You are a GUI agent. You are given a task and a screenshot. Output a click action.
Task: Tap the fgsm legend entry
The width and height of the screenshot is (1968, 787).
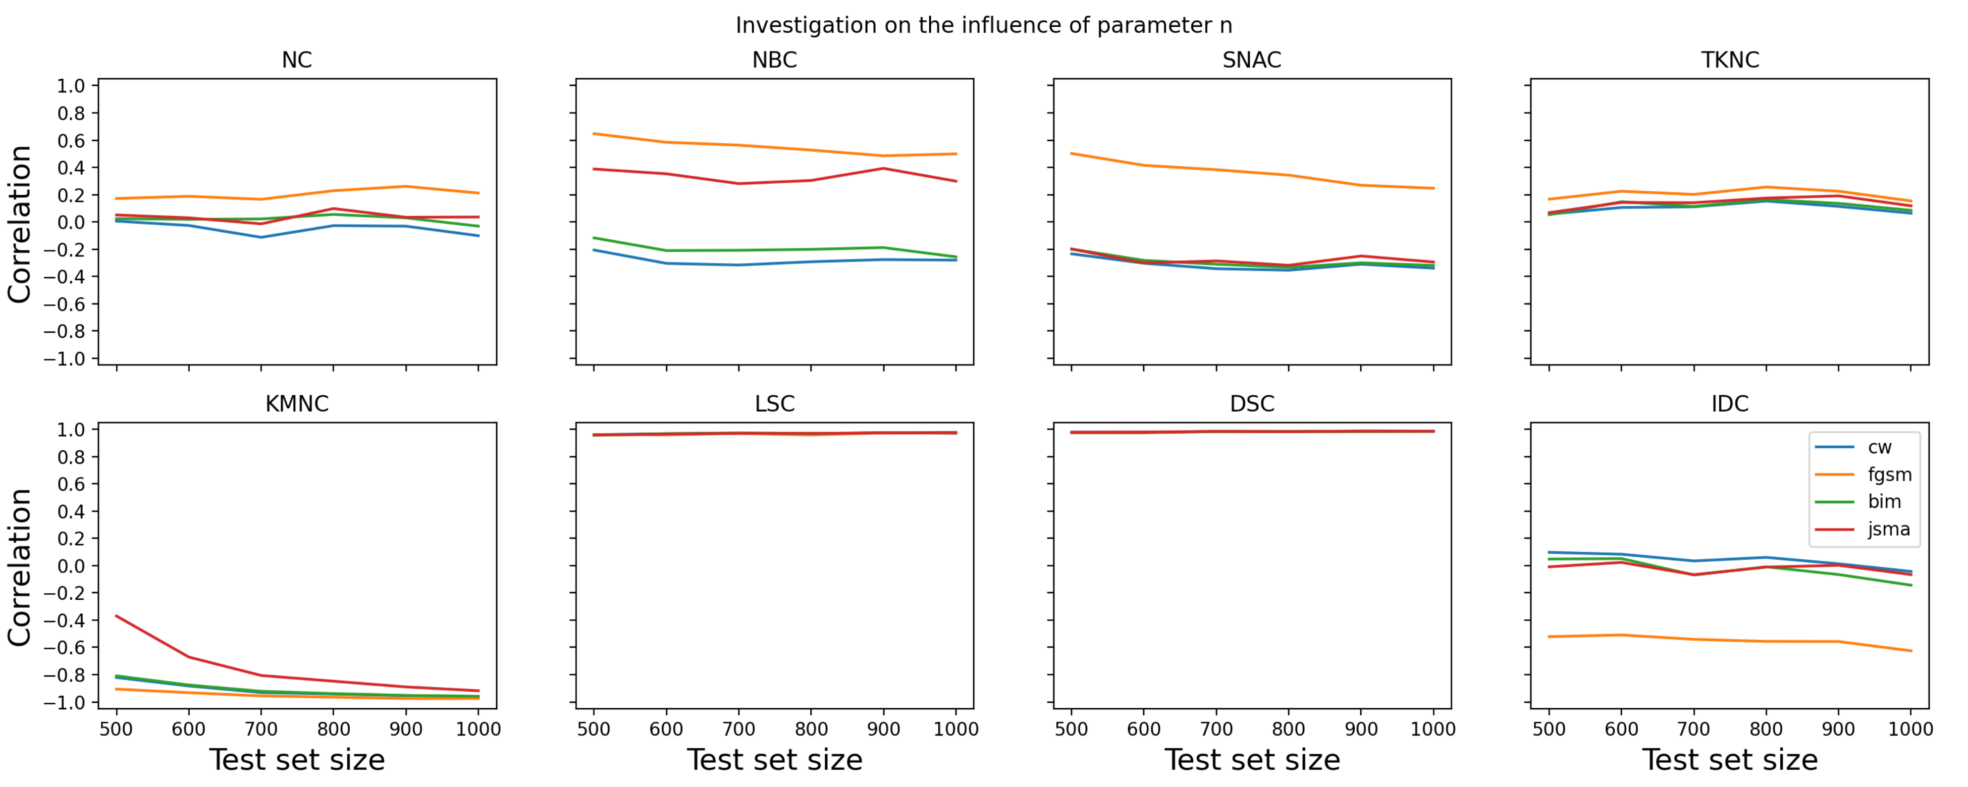click(1864, 475)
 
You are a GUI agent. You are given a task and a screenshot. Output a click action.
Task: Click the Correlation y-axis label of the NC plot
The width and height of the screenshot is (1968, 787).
click(19, 223)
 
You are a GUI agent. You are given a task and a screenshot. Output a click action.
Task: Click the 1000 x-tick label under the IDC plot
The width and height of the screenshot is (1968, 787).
click(1910, 729)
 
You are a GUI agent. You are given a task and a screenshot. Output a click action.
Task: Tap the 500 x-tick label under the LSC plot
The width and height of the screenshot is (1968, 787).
click(594, 729)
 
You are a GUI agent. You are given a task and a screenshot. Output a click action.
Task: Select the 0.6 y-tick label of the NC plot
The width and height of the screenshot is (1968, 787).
click(71, 141)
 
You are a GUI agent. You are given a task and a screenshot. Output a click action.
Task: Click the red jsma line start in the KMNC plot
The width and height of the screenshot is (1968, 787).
click(117, 616)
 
